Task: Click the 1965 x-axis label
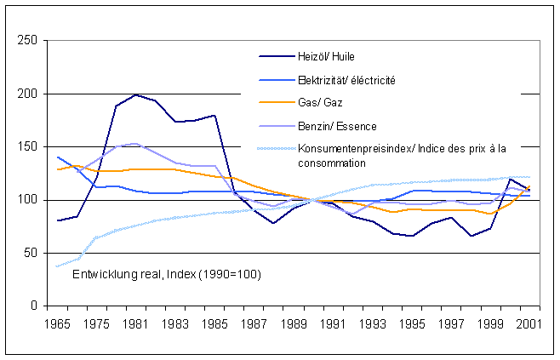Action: [x=57, y=324]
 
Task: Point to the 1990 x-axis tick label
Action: [x=312, y=324]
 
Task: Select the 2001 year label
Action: [x=529, y=324]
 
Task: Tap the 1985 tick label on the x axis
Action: [x=214, y=324]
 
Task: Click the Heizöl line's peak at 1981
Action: [x=135, y=94]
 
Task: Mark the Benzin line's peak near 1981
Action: [x=135, y=143]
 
